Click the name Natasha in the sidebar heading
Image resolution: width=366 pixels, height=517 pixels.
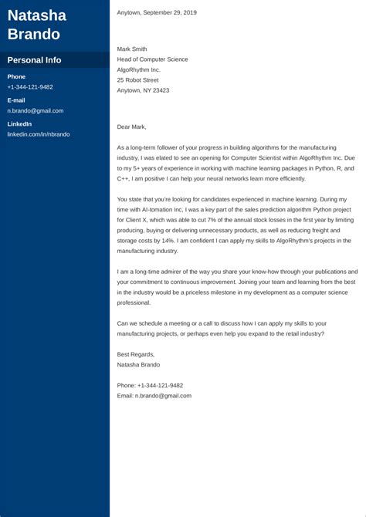[x=36, y=15]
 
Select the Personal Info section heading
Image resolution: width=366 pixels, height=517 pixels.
[x=34, y=60]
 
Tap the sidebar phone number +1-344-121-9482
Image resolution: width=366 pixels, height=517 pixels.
[x=30, y=87]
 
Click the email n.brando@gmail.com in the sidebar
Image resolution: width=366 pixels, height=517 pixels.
[x=36, y=110]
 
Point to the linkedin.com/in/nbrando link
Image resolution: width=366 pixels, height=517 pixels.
[x=39, y=134]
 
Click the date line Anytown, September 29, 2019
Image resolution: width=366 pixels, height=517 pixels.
[x=157, y=12]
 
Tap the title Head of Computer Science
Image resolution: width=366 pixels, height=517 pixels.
[x=152, y=59]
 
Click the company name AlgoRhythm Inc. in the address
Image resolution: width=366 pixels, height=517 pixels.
[x=139, y=69]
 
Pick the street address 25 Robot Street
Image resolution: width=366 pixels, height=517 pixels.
[x=138, y=80]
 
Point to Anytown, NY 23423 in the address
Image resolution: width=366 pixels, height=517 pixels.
[x=143, y=90]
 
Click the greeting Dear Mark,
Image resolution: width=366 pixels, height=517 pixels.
[x=131, y=127]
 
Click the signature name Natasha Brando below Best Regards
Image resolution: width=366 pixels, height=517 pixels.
[x=138, y=364]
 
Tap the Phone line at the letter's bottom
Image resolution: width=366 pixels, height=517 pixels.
[x=150, y=385]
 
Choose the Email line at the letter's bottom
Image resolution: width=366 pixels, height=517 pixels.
[x=154, y=395]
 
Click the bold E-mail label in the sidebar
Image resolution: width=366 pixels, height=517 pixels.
[x=16, y=100]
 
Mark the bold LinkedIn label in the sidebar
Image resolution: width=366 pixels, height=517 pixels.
[x=19, y=124]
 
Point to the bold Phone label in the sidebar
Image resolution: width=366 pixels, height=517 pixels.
[x=16, y=76]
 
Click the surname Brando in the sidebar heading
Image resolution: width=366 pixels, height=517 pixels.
[x=34, y=34]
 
